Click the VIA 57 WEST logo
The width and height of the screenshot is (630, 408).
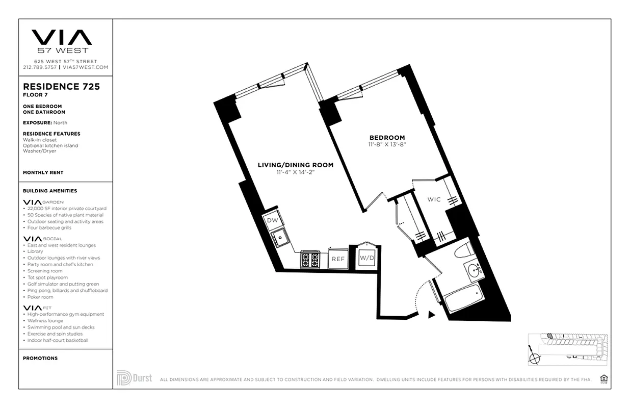62,41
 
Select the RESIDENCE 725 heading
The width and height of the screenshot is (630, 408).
61,87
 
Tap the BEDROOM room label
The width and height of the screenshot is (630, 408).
387,138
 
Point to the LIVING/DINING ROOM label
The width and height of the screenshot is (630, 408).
296,165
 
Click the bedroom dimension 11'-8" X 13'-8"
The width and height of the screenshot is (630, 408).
387,145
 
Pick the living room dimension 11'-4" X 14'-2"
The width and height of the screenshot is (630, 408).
296,172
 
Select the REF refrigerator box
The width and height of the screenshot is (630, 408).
338,259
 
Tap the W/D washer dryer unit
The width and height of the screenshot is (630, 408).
367,258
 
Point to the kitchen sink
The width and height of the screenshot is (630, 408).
280,237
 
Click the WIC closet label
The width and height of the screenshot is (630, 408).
434,199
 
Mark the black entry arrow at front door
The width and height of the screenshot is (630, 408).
431,315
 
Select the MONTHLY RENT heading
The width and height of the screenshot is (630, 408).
43,173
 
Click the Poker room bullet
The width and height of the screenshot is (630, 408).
40,297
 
